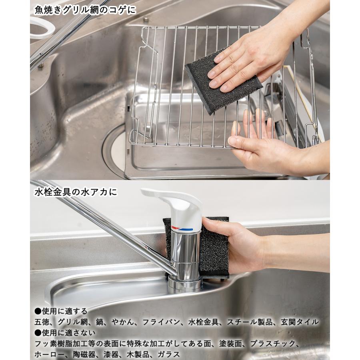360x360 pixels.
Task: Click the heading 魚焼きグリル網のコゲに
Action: (85, 9)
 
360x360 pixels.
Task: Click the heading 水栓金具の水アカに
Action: (76, 192)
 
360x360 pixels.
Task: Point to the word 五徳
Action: (41, 322)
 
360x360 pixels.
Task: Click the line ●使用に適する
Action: (60, 311)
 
